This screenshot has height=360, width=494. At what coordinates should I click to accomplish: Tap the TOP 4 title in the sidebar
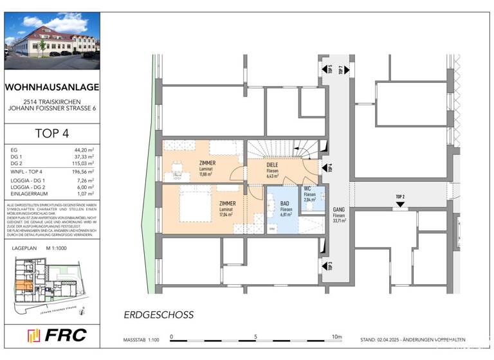51,134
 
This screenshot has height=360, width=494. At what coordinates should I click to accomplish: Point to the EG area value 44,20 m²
84,149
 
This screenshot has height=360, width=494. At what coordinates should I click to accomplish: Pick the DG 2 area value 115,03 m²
82,163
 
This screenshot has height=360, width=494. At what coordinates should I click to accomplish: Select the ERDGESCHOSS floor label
158,315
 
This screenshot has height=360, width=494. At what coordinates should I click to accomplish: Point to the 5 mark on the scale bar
255,336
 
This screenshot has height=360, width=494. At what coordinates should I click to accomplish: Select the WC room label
309,192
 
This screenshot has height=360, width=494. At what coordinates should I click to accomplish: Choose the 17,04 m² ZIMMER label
227,207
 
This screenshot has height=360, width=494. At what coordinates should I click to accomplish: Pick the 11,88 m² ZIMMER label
207,168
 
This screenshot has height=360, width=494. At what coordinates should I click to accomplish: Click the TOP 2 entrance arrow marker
400,204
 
